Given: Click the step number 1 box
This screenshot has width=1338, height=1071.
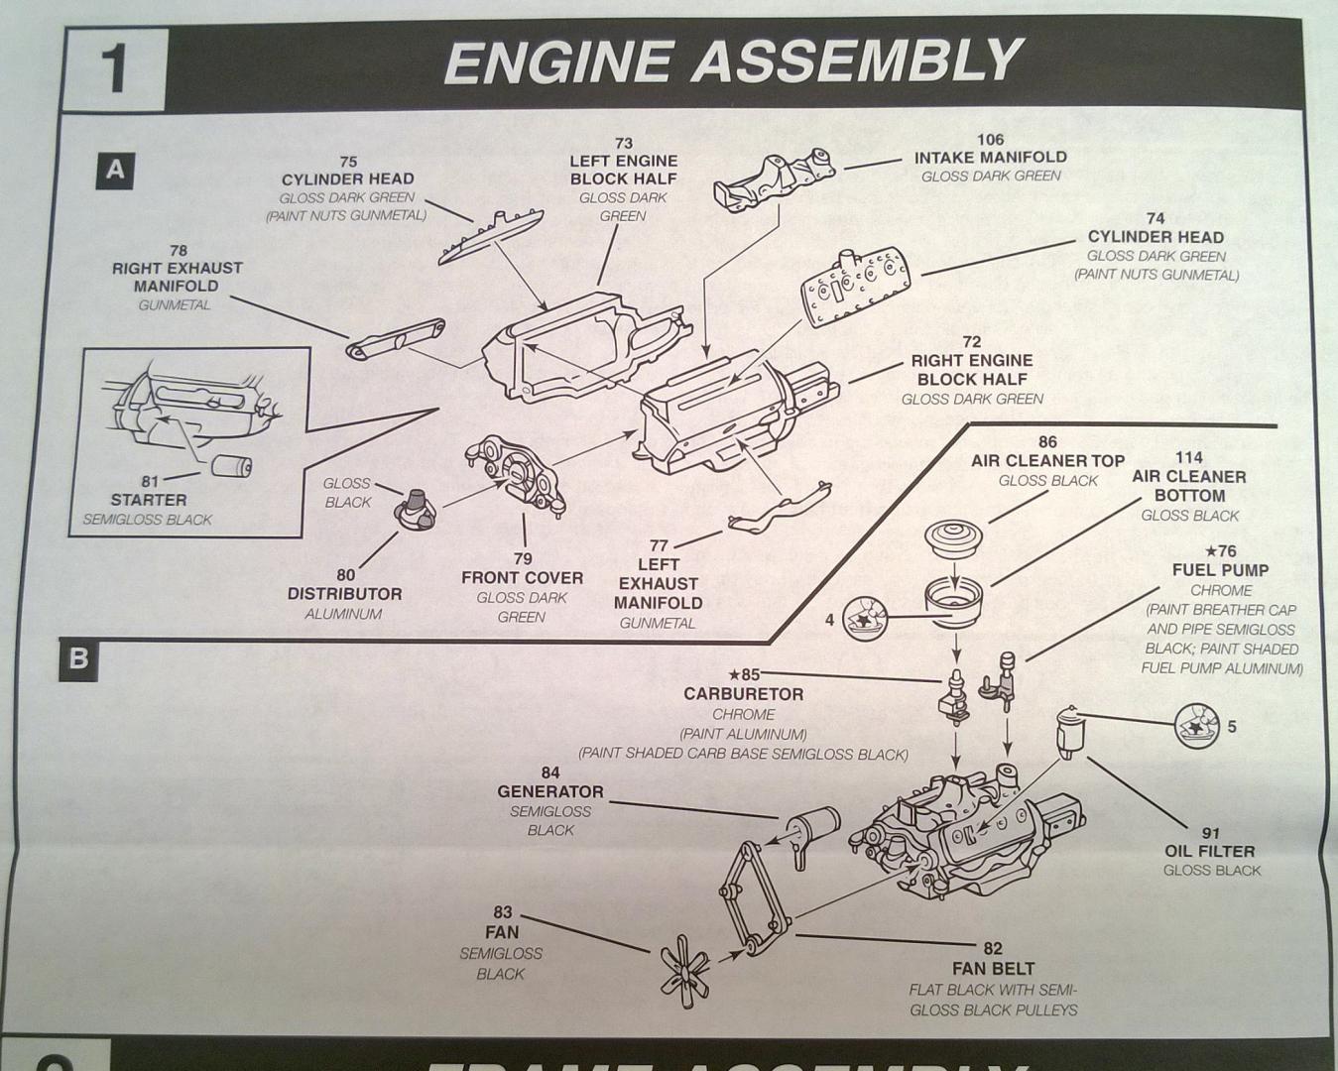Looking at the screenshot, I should pyautogui.click(x=113, y=67).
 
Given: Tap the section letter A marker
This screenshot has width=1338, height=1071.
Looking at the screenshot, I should pyautogui.click(x=115, y=171).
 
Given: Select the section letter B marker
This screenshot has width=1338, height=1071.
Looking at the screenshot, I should pyautogui.click(x=78, y=657).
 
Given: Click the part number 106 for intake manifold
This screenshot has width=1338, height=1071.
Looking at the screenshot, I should pyautogui.click(x=990, y=140).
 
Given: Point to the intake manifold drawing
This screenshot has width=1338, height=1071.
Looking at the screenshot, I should pyautogui.click(x=773, y=179).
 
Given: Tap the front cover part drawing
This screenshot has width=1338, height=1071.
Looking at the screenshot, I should pyautogui.click(x=516, y=475).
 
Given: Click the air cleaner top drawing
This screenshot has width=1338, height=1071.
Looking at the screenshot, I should pyautogui.click(x=953, y=536).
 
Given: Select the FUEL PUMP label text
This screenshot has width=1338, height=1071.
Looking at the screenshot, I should pyautogui.click(x=1220, y=570).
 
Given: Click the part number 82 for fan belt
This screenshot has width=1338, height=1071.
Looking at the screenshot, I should pyautogui.click(x=993, y=949).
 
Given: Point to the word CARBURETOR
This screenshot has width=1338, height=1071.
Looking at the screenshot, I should pyautogui.click(x=743, y=694).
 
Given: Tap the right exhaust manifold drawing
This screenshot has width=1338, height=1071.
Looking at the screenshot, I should pyautogui.click(x=394, y=339).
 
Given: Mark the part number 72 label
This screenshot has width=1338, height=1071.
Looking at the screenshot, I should pyautogui.click(x=971, y=342).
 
